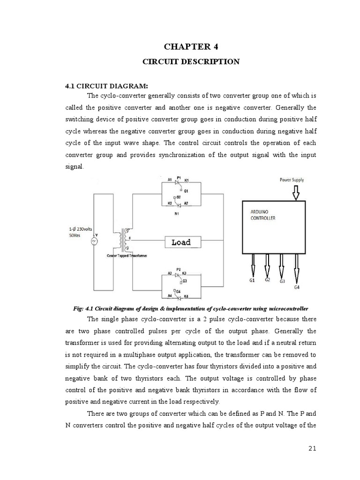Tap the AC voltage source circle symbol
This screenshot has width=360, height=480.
point(93,241)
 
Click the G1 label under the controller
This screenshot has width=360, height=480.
point(252,280)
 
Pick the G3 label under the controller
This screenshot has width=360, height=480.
point(282,281)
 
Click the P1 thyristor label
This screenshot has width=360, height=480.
point(178,178)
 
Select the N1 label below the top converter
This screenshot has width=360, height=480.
point(177,213)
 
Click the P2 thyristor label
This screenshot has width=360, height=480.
point(178,270)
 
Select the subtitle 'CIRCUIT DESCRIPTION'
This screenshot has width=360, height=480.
point(191,61)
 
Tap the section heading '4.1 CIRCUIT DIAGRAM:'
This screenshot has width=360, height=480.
point(106,86)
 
